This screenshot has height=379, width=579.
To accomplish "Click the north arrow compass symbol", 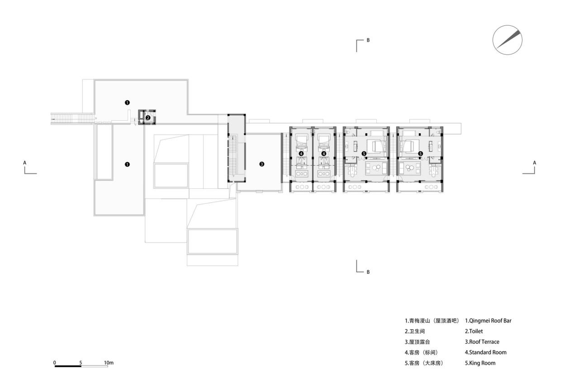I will (x=507, y=40).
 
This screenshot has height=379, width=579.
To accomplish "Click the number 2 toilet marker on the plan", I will (x=148, y=118).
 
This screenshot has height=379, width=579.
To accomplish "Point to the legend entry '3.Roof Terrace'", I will (x=482, y=342).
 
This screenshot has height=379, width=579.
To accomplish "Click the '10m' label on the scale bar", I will (x=109, y=363).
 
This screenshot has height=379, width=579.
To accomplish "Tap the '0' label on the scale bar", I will (x=55, y=363).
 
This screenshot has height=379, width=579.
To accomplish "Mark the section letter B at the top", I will (x=368, y=40).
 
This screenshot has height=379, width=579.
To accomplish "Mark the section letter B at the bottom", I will (x=368, y=272).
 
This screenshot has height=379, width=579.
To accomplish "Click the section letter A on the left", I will (x=25, y=162).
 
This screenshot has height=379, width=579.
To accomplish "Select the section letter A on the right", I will (x=535, y=162).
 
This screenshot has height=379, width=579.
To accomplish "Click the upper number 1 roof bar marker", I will (x=127, y=103).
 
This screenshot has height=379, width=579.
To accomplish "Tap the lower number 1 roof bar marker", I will (x=127, y=164).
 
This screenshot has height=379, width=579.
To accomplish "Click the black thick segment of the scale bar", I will (x=68, y=366).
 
